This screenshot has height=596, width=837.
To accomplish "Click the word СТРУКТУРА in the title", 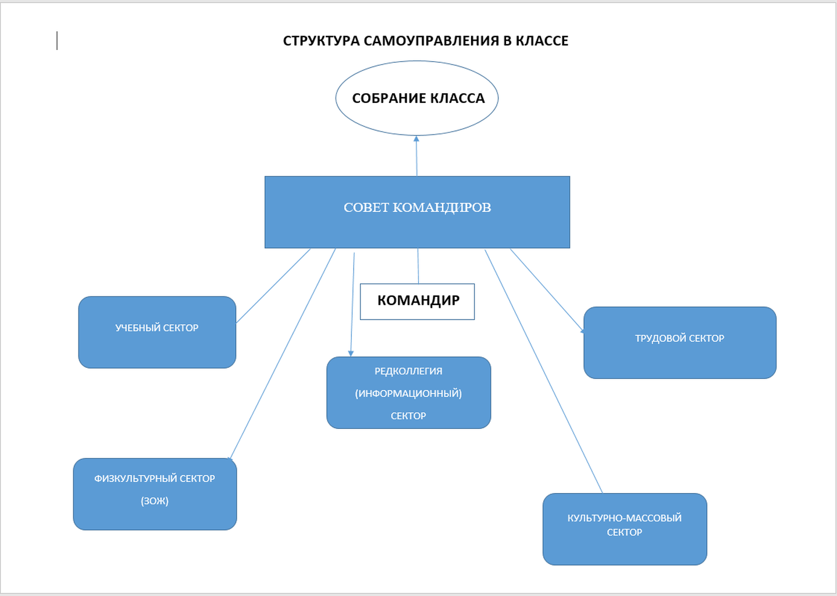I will point(321,41).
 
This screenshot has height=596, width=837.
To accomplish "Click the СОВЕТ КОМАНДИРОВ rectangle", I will point(417,227).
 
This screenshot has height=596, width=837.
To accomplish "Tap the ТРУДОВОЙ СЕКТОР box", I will point(679,355).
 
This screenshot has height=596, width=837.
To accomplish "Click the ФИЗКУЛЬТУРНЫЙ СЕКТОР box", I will point(155,515).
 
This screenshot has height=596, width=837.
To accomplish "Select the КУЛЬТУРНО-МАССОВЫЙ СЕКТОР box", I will point(625,547).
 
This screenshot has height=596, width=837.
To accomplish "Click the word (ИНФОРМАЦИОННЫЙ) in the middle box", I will point(408,393).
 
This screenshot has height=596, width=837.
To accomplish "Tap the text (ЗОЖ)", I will point(155,501).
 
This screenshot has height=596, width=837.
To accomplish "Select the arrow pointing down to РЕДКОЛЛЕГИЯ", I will point(352,303).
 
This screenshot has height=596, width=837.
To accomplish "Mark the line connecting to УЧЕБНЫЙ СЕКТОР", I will point(273,286).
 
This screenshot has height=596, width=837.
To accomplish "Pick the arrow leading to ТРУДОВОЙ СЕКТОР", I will point(547,290).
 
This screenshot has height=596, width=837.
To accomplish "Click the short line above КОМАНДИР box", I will point(418,266).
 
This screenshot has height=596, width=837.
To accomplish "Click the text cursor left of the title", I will point(57,41).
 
